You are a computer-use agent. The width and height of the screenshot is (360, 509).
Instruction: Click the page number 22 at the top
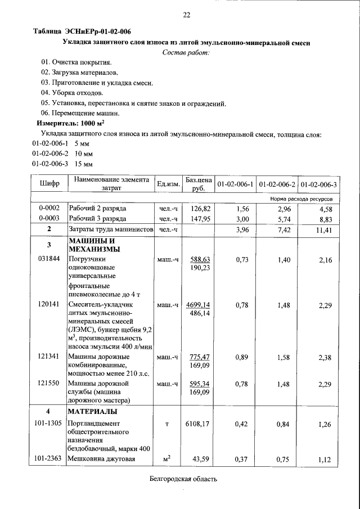pos(186,15)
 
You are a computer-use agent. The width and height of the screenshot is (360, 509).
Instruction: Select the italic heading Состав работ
pos(186,52)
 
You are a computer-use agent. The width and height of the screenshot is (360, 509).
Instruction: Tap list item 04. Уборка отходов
pos(72,92)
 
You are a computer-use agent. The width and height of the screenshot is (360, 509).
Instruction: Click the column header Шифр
pos(49,184)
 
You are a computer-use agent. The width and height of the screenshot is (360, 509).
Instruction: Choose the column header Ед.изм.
pos(168,184)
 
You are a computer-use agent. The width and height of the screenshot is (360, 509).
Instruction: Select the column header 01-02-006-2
pos(277,184)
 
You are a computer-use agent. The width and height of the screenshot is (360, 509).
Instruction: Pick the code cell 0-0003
pos(49,218)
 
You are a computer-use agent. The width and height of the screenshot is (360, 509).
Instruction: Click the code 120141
pos(49,304)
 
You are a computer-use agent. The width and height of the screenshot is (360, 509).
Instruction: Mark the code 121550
pos(49,383)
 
